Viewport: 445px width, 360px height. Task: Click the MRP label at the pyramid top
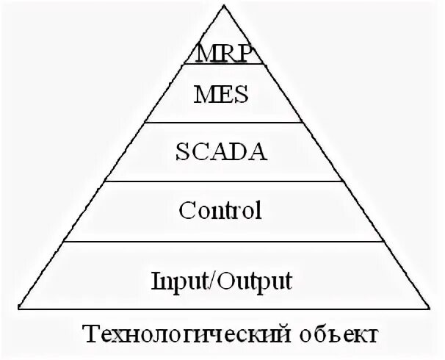221,54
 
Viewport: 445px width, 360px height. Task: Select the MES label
221,94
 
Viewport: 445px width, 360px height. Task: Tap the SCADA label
221,153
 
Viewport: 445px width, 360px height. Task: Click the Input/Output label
221,280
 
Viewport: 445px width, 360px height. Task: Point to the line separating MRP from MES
221,65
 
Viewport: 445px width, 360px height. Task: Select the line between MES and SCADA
221,123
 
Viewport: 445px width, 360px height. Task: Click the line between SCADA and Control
221,182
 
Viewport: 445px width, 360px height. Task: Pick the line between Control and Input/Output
221,241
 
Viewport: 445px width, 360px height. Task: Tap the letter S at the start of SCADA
181,153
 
